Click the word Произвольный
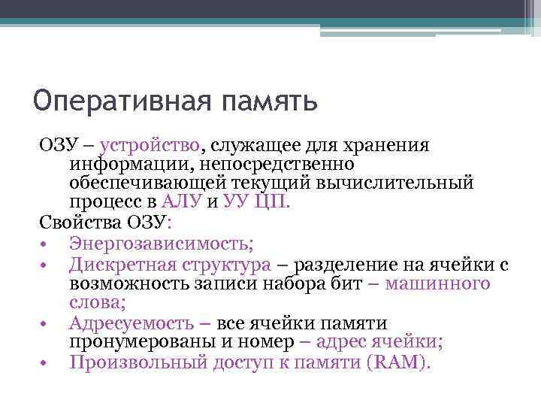[135, 363]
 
